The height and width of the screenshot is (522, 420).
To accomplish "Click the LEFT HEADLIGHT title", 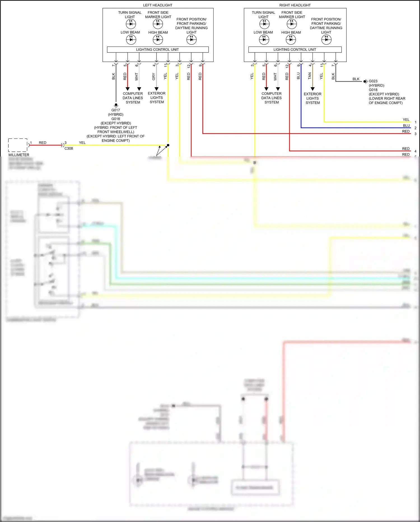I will (158, 5).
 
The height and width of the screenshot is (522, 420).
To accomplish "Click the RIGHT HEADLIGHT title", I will (295, 5).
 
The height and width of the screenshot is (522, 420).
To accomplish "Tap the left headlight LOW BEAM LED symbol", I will (131, 40).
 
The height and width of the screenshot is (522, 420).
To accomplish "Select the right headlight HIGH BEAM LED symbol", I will (291, 40).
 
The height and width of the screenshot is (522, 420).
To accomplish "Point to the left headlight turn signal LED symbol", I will (131, 24).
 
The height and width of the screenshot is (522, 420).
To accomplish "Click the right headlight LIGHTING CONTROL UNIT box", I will (295, 50).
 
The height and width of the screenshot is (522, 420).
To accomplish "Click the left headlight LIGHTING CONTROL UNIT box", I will (158, 50).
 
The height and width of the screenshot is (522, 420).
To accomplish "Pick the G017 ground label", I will (116, 110).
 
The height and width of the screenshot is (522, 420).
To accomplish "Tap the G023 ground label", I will (373, 81).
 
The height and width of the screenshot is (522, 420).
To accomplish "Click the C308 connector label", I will (69, 148).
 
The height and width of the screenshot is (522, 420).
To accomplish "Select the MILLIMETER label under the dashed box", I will (19, 155).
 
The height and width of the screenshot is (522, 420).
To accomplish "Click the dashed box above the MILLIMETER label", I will (18, 145).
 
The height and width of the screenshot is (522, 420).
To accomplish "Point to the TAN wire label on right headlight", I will (310, 76).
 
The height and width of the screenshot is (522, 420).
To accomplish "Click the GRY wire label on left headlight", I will (154, 77).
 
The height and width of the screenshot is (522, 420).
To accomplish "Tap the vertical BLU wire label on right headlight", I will (298, 76).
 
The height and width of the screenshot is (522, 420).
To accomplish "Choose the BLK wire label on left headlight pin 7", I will (113, 76).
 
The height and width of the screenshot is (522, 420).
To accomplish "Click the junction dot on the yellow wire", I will (168, 145).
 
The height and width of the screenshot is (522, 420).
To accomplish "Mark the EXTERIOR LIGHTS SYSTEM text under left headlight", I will (157, 98).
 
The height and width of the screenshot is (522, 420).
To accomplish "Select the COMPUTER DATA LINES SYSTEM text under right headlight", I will (271, 98).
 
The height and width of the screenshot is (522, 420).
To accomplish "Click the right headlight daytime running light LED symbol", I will (326, 40).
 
